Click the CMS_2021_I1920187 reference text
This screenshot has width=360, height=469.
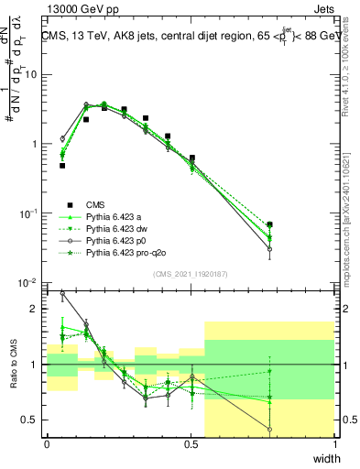tap(190, 273)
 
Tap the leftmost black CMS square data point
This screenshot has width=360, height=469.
tap(62, 166)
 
